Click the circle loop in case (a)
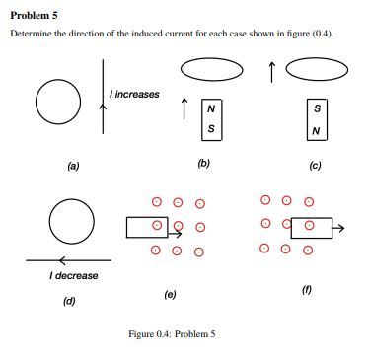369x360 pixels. [55, 98]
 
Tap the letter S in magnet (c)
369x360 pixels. [316, 108]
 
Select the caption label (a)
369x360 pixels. [73, 167]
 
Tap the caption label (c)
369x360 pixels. [316, 166]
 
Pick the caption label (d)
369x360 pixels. [69, 301]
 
